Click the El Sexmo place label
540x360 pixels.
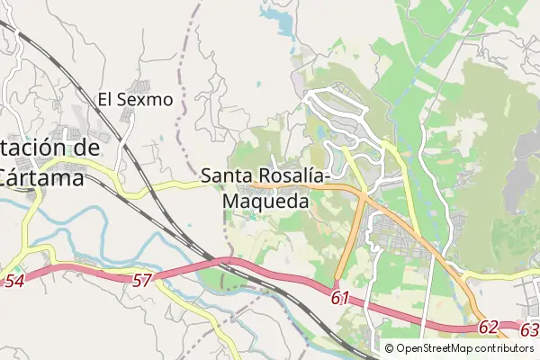click(x=135, y=99)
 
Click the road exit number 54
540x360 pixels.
click(x=13, y=282)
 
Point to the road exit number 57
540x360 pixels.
click(x=141, y=282)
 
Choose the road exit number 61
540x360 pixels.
click(x=339, y=298)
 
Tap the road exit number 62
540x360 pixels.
click(x=488, y=328)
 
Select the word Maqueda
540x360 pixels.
click(x=265, y=202)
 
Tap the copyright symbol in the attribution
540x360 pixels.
click(x=390, y=348)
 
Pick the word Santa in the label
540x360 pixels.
click(x=225, y=175)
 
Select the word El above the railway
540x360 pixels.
click(x=107, y=99)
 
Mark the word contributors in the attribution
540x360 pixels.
click(x=504, y=348)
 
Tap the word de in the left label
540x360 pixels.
click(x=83, y=148)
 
